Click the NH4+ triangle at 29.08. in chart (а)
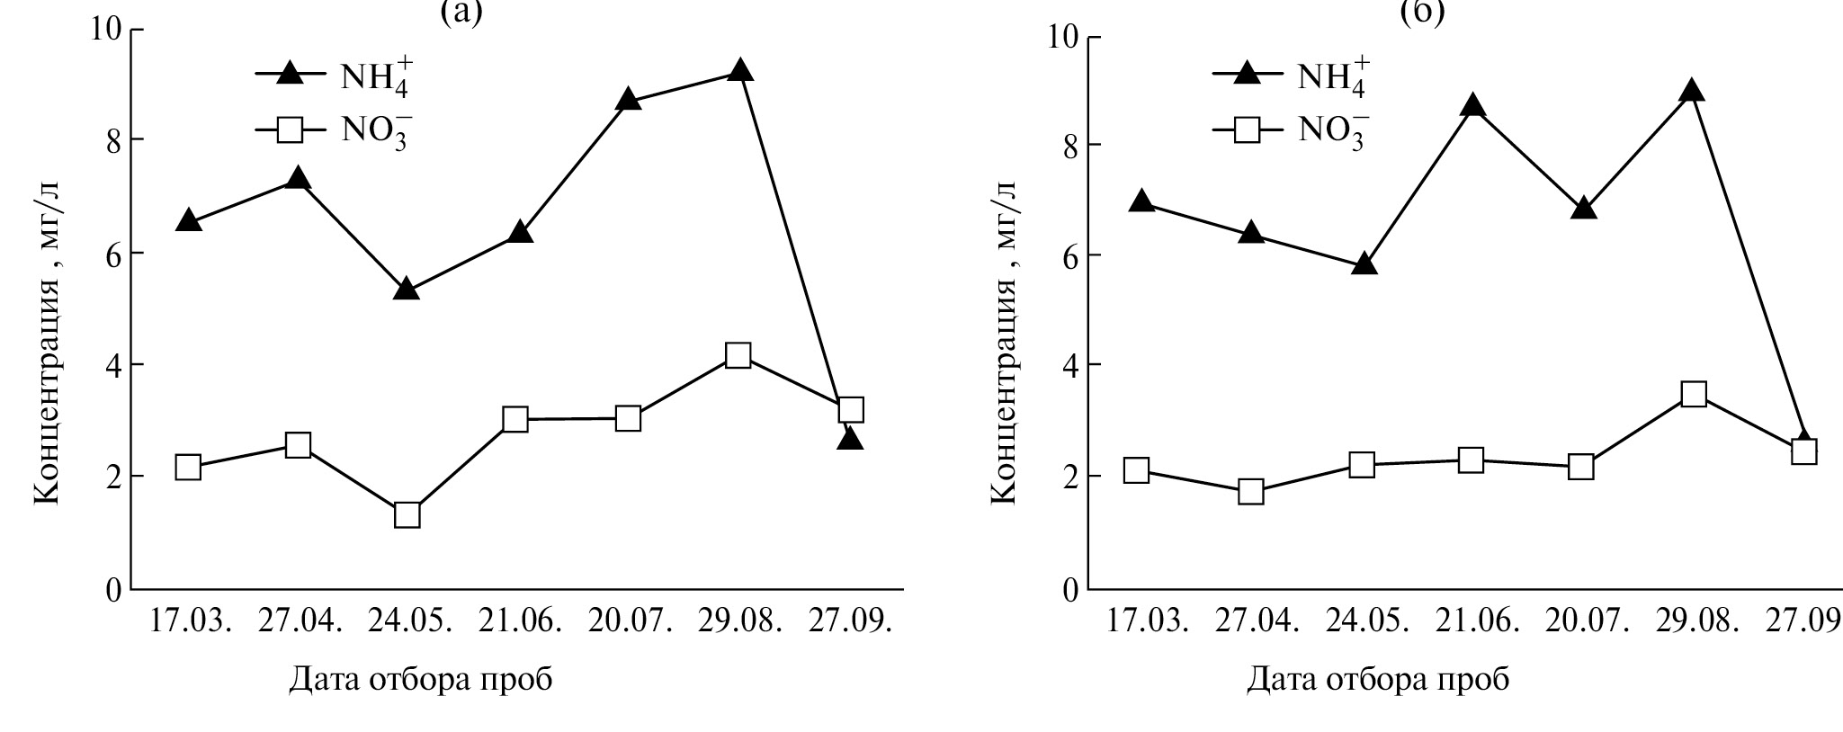tap(738, 70)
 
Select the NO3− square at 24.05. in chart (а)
tap(407, 515)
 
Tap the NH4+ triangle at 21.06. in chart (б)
tap(1472, 105)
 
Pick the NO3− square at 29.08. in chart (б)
tap(1693, 394)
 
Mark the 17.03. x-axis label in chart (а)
tap(190, 620)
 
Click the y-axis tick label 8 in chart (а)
tap(113, 140)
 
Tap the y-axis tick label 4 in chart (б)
tap(1070, 365)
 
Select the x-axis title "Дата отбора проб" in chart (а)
tap(420, 680)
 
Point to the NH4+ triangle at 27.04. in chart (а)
tap(298, 178)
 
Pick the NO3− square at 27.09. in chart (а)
tap(849, 410)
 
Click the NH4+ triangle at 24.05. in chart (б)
tap(1364, 263)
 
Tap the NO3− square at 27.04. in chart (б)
tap(1251, 492)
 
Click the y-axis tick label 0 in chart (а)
tap(113, 591)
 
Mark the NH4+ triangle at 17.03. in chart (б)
tap(1141, 201)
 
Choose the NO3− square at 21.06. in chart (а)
tap(515, 419)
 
